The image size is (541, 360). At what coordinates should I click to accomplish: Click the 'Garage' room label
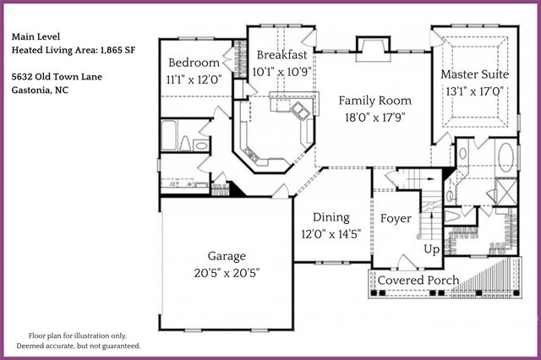tap(227, 256)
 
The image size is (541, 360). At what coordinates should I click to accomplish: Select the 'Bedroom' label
tap(194, 63)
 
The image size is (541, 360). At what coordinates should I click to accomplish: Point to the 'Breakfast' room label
tap(281, 55)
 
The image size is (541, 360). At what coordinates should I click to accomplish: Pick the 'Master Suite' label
tap(474, 74)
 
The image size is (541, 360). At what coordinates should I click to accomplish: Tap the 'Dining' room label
tap(331, 217)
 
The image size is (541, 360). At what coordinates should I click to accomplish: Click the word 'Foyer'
tap(396, 219)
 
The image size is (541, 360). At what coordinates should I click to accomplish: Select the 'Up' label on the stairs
tap(431, 250)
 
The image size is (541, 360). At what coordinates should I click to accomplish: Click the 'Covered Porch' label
tap(418, 281)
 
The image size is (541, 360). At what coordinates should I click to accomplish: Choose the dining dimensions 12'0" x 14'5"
tap(331, 234)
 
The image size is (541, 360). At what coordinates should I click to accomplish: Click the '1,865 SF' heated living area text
tap(117, 50)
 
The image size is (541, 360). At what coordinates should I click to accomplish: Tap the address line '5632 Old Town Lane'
tap(57, 76)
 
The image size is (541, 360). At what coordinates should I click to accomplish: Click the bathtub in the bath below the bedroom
tap(169, 135)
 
